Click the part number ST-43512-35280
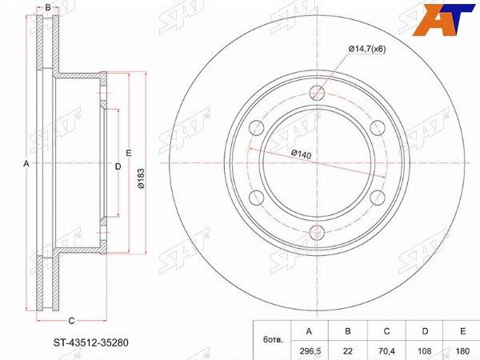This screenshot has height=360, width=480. click(x=90, y=342)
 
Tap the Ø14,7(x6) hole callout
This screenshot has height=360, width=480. click(x=366, y=49)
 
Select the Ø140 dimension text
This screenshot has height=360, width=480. click(x=301, y=154)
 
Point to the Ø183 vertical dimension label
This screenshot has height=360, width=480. click(x=141, y=178)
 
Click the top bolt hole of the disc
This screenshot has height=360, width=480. click(x=317, y=93)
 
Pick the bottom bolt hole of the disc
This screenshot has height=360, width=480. click(x=317, y=234)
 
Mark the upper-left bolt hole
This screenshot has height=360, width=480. click(x=257, y=128)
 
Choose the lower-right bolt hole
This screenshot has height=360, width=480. click(x=378, y=198)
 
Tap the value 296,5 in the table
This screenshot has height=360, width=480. click(x=309, y=351)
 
